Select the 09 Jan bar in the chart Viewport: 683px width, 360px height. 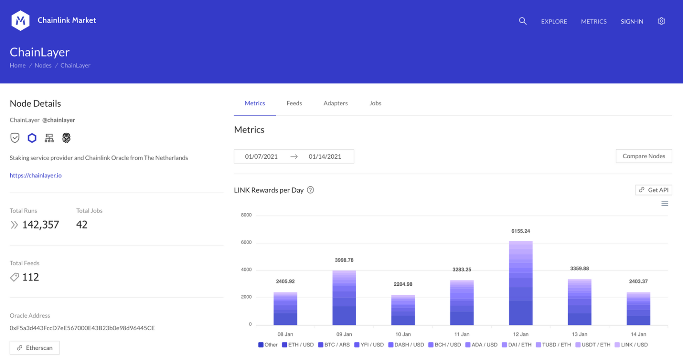[344, 298]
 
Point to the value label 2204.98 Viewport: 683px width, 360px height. [403, 284]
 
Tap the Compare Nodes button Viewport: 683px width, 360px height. [643, 156]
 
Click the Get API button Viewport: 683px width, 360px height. [653, 190]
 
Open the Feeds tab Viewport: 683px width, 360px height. [294, 103]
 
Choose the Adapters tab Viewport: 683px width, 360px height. [335, 103]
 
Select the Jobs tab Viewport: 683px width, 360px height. [375, 103]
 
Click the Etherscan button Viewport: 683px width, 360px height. [35, 348]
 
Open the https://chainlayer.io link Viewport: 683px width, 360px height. [36, 175]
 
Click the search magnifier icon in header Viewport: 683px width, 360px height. [522, 21]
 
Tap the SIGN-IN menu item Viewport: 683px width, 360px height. [631, 21]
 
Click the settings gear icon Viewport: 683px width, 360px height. [661, 21]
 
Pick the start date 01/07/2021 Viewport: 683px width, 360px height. [261, 156]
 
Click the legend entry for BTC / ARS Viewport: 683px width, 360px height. [334, 344]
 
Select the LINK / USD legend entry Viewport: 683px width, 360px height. [631, 344]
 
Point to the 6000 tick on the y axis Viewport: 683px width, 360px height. [246, 242]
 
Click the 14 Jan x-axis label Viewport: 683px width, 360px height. [638, 334]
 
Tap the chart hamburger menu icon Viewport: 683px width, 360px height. [664, 204]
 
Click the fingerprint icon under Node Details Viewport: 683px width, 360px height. [66, 138]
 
